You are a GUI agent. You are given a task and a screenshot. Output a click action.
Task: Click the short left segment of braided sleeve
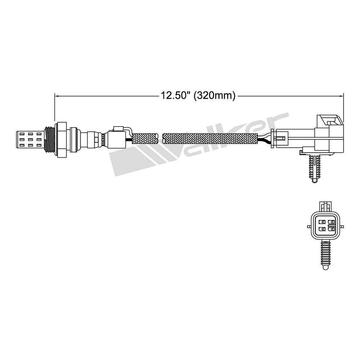pyautogui.click(x=145, y=138)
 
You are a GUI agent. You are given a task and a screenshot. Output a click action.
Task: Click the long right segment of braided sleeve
pyautogui.click(x=210, y=138)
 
